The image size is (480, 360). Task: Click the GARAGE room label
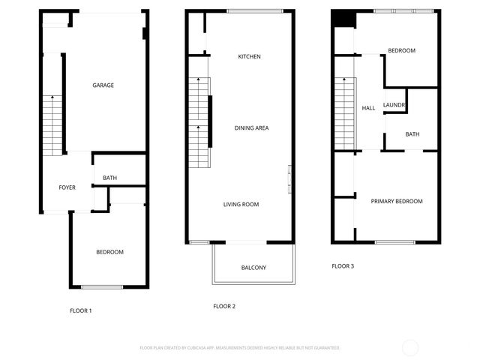coord(103,85)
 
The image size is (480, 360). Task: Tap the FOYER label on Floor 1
coord(67,187)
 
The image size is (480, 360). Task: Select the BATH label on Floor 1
coord(109,178)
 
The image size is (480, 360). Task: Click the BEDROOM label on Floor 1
coord(109,252)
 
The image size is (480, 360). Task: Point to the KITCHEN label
coord(249,57)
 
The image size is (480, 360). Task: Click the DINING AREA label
coord(251,128)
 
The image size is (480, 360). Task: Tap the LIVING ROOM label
coord(241,204)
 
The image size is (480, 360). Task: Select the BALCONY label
coord(253,268)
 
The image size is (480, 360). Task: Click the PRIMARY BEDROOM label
coord(397,201)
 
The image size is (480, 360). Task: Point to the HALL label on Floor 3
coord(368,109)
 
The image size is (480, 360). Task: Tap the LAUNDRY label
coord(394,105)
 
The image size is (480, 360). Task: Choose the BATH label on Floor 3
coord(412,135)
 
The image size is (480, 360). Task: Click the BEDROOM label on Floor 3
coord(401,50)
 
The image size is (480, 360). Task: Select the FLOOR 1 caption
coord(80,310)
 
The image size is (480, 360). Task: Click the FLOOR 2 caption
coord(224,306)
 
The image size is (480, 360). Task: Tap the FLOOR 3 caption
coord(343,265)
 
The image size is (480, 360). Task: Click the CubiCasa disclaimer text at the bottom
coord(240,348)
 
